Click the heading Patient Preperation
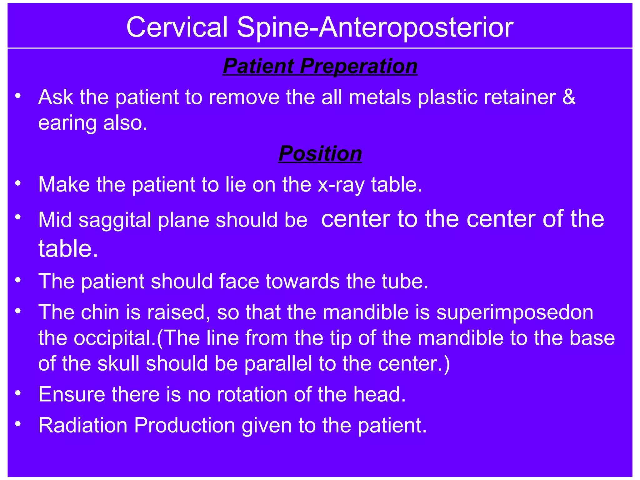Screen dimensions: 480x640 point(320,66)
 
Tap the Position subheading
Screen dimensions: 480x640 point(320,153)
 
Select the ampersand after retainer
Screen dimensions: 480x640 point(569,97)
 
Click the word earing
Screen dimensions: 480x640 point(67,123)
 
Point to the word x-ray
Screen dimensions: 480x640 point(341,185)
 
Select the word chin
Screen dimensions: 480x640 point(100,312)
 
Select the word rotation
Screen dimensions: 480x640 point(252,394)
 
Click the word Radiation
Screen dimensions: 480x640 point(83,425)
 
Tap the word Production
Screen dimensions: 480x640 point(184,425)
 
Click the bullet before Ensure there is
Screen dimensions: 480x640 point(18,393)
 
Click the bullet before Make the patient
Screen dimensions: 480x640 point(18,183)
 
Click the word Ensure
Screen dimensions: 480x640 point(72,394)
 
